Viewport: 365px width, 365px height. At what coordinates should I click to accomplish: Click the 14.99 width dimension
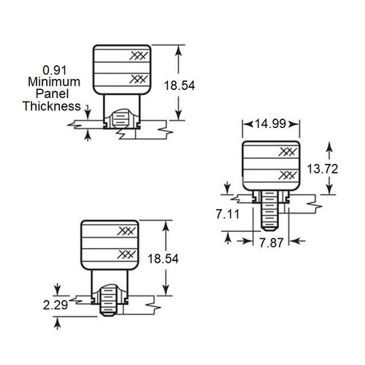pyautogui.click(x=270, y=124)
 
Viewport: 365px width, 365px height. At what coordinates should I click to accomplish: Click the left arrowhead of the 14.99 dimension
pyautogui.click(x=245, y=124)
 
